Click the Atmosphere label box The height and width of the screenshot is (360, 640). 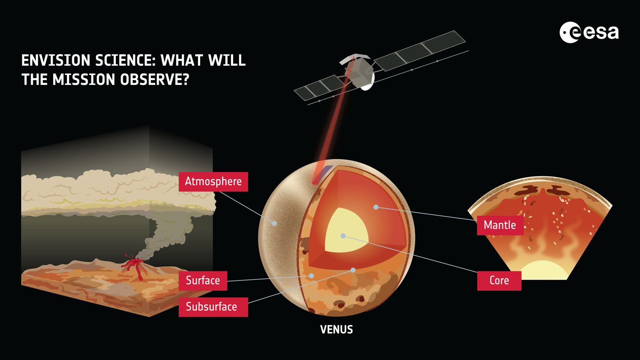[x=213, y=181]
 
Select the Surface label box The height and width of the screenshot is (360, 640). [x=203, y=280]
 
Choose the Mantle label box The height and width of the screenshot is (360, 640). [x=500, y=225]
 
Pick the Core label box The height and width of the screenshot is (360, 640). [x=499, y=280]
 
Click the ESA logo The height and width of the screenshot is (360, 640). [x=589, y=32]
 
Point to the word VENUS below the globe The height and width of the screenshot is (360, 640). [x=336, y=330]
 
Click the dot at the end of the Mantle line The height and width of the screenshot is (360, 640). [x=376, y=207]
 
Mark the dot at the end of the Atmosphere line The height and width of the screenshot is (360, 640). [x=274, y=223]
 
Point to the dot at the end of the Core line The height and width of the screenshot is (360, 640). [x=343, y=236]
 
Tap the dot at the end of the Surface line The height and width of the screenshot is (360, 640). [x=311, y=276]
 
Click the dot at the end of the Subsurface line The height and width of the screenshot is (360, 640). [x=353, y=270]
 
